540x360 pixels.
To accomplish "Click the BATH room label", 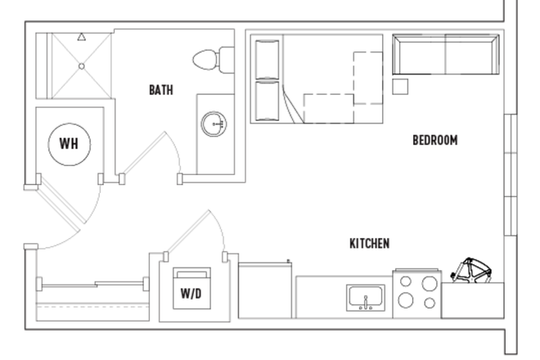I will coord(160,90).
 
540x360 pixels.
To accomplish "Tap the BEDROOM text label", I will coord(434,140).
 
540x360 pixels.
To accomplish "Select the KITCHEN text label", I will coord(369,243).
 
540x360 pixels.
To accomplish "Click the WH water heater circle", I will coord(69,144).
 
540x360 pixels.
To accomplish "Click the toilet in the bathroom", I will coord(212,60).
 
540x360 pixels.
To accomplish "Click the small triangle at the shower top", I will coord(81,37).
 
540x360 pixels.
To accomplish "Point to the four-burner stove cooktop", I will coord(416,292).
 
